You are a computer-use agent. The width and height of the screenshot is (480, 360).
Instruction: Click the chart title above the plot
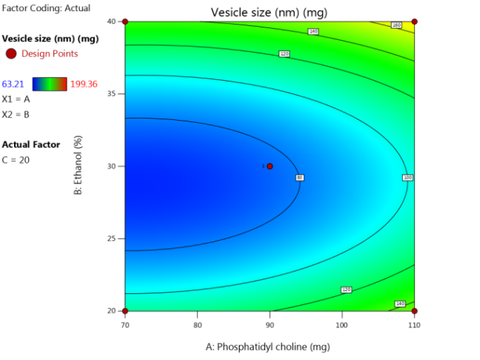point(268,13)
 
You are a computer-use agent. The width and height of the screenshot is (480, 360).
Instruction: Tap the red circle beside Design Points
point(10,53)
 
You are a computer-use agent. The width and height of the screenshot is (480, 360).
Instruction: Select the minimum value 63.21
point(15,84)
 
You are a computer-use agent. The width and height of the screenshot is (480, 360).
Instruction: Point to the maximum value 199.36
point(84,84)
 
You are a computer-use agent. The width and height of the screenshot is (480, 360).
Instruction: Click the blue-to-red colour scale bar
point(50,84)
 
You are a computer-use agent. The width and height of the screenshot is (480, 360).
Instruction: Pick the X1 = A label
point(16,99)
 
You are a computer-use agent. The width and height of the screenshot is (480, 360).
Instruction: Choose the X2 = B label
point(16,114)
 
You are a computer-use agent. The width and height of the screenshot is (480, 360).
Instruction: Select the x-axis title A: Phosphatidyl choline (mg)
point(268,346)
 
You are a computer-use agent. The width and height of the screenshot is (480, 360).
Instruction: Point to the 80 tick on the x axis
point(197,324)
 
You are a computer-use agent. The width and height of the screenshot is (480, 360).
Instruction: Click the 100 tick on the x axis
point(341,324)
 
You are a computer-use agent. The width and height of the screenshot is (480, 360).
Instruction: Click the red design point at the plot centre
point(270,166)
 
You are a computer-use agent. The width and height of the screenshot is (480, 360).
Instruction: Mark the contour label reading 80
point(299,178)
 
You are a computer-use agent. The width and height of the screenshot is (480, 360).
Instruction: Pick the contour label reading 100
point(407,178)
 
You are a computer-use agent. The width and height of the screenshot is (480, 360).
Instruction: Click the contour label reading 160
point(396,25)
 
